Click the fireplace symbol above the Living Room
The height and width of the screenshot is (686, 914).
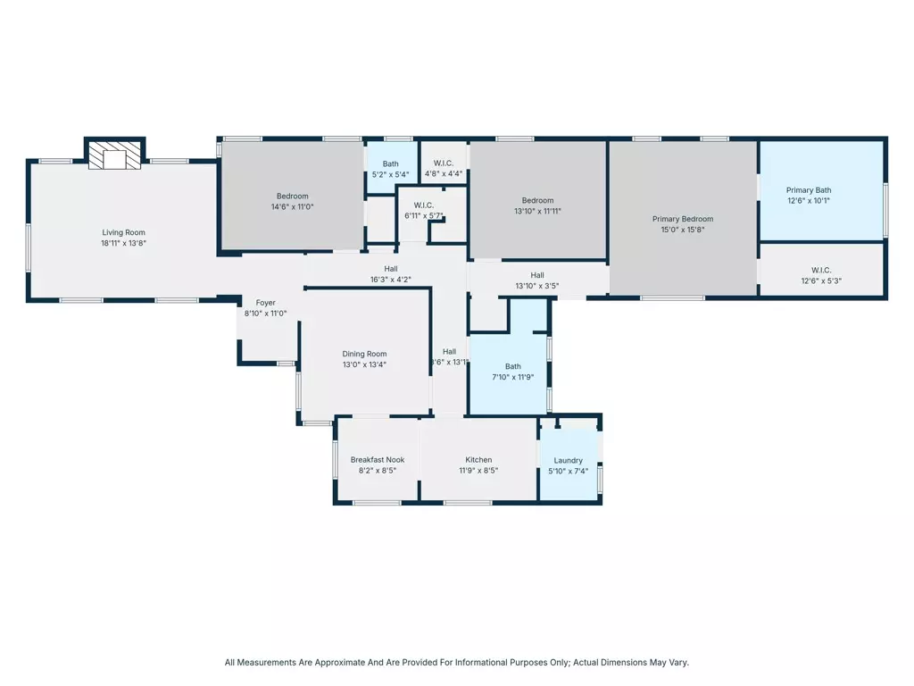(x=114, y=155)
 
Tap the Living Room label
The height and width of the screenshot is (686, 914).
(x=123, y=232)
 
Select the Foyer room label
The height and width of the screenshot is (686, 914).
(x=265, y=303)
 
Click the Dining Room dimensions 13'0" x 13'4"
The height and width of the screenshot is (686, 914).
(x=364, y=364)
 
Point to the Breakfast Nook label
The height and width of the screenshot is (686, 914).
(x=377, y=460)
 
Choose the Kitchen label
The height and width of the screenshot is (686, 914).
(x=478, y=460)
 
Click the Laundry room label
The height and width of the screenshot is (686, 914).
(x=568, y=461)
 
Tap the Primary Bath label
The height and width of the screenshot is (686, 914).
(x=808, y=190)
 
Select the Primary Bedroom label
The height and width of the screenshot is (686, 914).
(x=683, y=219)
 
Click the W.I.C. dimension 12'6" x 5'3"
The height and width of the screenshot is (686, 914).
(x=821, y=280)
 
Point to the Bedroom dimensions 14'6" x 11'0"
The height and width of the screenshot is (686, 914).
(x=292, y=206)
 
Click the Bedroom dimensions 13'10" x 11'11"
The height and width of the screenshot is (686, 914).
(x=537, y=212)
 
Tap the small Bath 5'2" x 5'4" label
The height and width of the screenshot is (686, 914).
(x=391, y=174)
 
